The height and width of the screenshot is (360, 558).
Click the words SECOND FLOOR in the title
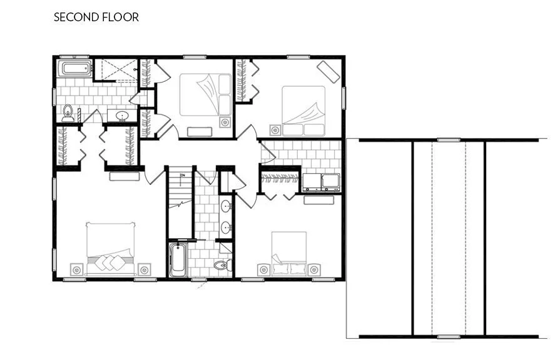coord(96,17)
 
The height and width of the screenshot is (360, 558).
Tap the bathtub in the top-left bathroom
coord(74,69)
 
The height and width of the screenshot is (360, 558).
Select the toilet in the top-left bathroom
coord(68,113)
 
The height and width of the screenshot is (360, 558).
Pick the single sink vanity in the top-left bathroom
coord(121,116)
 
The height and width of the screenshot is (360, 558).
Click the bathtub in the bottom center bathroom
coord(178,260)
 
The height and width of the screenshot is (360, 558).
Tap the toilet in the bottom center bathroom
coord(221,266)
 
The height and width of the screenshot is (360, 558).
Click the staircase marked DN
coord(180,200)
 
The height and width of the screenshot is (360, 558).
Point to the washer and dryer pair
coord(321,182)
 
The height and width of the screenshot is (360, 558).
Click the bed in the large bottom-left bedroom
coord(111,248)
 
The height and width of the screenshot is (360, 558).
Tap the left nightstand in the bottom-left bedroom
coord(76,269)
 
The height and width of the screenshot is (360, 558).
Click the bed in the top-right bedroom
coord(303,110)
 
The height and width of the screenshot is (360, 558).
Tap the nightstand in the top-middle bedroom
coord(225,122)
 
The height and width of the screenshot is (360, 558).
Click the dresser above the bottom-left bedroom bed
coord(124,177)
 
